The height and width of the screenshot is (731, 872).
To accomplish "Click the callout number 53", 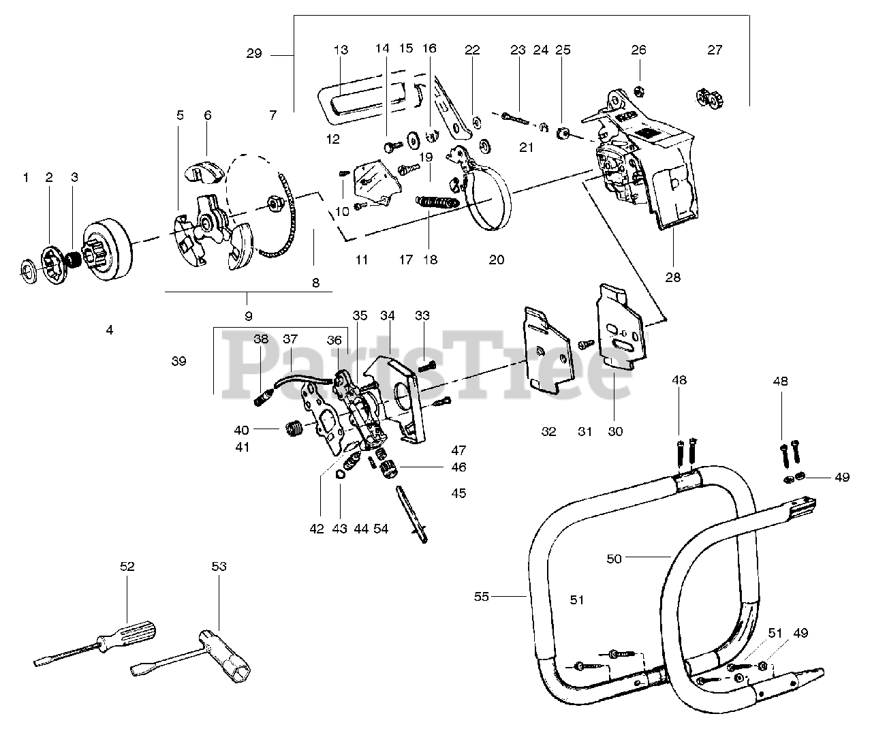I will coord(219,566).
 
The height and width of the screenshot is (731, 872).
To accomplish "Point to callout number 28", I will coord(674,277).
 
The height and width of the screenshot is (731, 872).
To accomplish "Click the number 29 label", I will coord(253,53).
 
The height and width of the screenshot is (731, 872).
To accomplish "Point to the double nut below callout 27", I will coord(709,100).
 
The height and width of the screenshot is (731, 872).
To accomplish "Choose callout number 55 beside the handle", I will coord(482,597).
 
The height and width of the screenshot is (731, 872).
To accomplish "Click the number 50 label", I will coord(614,559).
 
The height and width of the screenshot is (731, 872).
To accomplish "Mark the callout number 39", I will coord(178,361).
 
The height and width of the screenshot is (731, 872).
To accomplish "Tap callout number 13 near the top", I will coord(341,50).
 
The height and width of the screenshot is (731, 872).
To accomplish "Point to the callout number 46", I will coord(459,467).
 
